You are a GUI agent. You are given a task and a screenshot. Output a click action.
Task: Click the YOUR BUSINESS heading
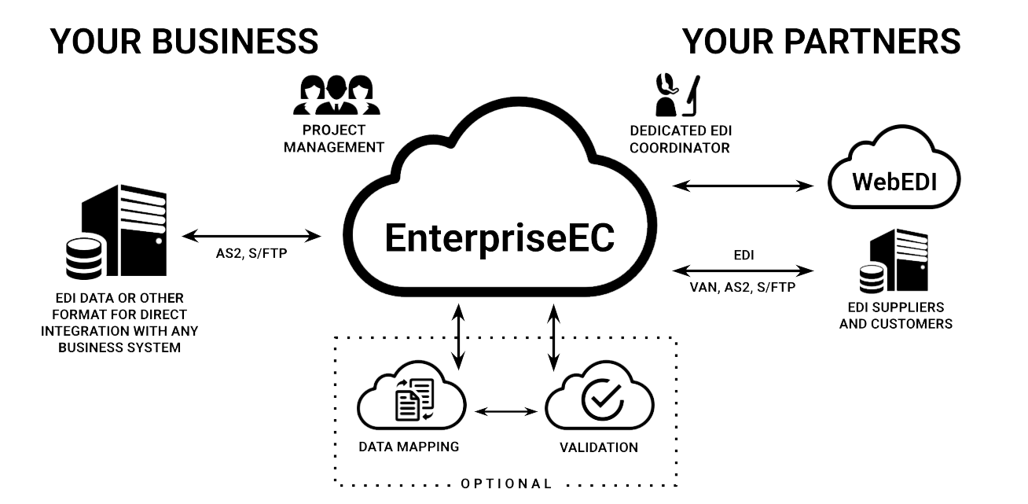pos(185,42)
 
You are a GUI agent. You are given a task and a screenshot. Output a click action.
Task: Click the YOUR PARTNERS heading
pos(822,42)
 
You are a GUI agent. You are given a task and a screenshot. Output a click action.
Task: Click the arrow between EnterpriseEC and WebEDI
pos(743,186)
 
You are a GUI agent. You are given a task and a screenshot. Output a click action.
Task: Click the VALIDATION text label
pos(597,447)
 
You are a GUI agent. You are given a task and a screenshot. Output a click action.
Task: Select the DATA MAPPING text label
pos(408,447)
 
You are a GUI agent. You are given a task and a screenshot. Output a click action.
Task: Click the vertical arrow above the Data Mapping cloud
pos(457,334)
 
